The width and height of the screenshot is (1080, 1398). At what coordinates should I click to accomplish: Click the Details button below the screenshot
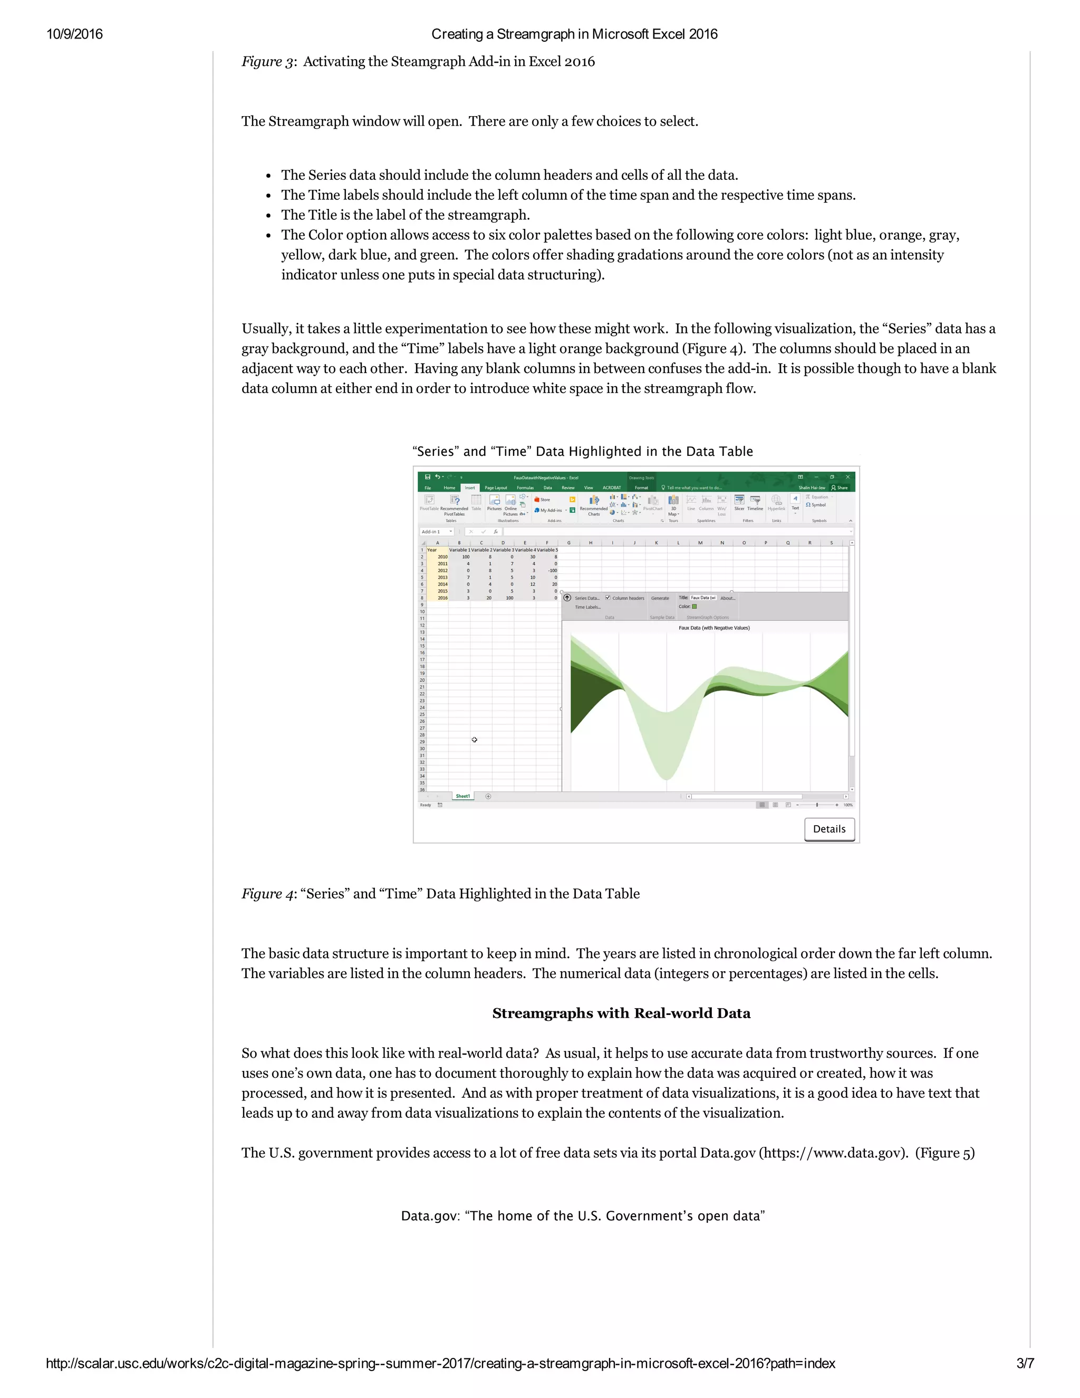coord(829,829)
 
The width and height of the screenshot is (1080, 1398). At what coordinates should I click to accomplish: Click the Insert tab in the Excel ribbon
coord(470,488)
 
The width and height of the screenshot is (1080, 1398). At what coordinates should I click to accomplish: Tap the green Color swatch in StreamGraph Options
coord(694,607)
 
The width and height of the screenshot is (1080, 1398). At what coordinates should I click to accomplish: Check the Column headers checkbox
coord(608,598)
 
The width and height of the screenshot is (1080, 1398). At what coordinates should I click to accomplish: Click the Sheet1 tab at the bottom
coord(462,796)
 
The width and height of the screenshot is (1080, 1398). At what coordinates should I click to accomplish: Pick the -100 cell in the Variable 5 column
coord(552,570)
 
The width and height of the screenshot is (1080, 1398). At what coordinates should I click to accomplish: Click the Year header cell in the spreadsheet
coord(432,550)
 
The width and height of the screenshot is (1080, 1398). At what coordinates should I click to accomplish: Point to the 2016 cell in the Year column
coord(442,598)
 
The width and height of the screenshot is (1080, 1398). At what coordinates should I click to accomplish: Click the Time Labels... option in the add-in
coord(587,607)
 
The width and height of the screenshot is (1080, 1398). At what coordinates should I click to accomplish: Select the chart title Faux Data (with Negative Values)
coord(714,628)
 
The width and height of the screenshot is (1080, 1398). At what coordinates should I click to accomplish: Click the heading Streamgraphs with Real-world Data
coord(621,1013)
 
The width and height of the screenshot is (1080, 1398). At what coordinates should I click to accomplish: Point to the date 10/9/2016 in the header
coord(74,34)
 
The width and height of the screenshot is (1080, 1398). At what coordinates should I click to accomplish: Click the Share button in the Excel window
coord(840,488)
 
